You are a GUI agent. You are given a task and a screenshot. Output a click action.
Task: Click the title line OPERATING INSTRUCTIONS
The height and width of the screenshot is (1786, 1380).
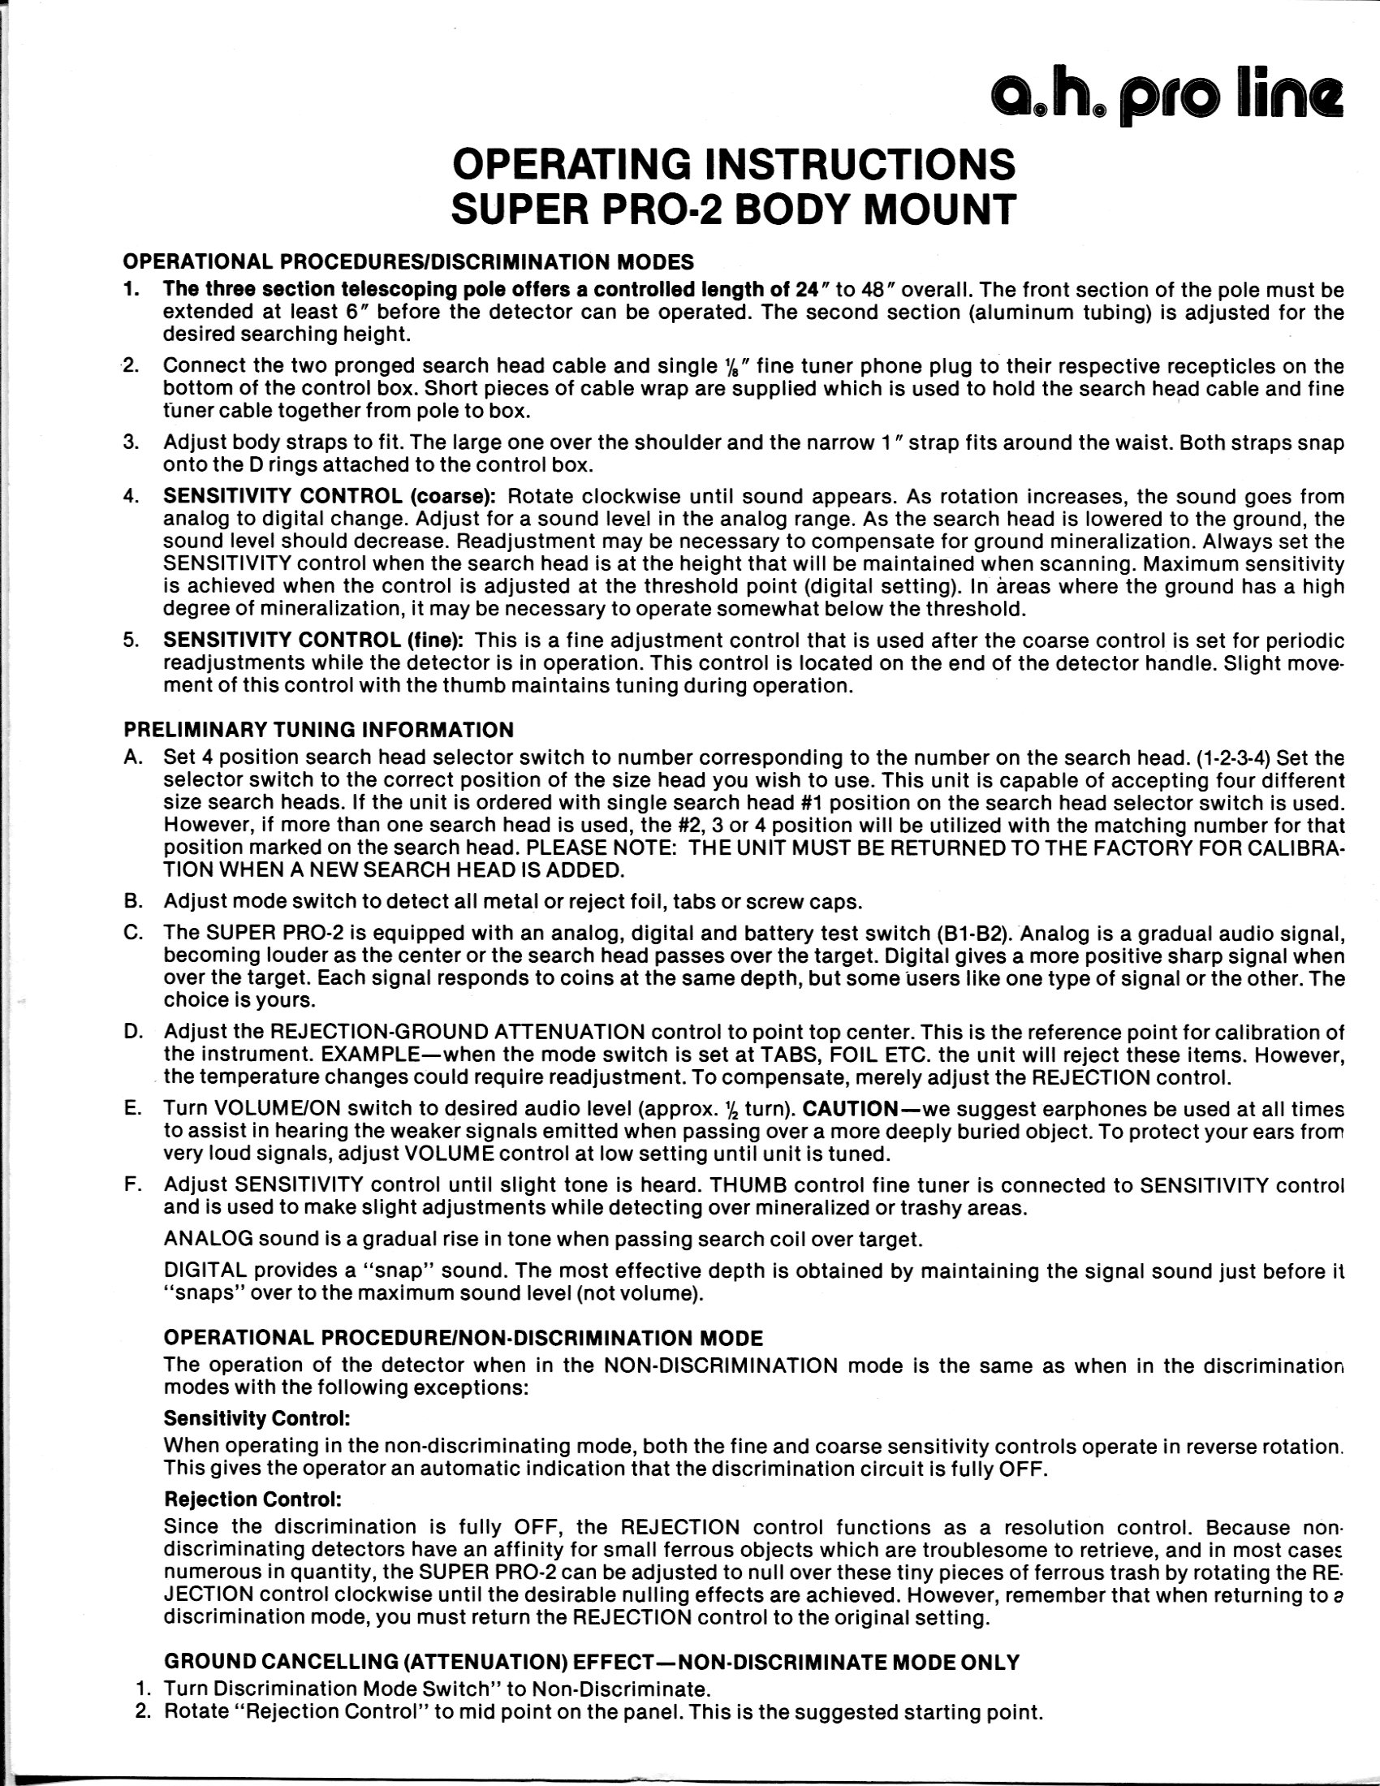pyautogui.click(x=733, y=164)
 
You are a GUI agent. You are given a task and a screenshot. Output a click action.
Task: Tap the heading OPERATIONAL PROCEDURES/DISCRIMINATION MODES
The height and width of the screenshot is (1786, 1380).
pyautogui.click(x=408, y=262)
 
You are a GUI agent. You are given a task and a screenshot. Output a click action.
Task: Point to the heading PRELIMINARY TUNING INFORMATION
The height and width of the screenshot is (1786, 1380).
pyautogui.click(x=319, y=729)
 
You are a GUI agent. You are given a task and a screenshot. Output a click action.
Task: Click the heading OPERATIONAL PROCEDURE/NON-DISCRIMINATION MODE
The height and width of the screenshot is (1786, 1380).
pyautogui.click(x=464, y=1339)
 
